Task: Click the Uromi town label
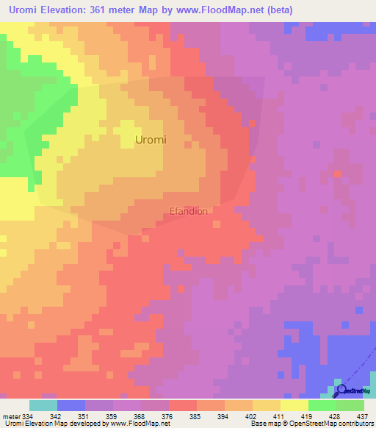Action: coord(151,139)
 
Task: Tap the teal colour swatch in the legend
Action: coord(43,405)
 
